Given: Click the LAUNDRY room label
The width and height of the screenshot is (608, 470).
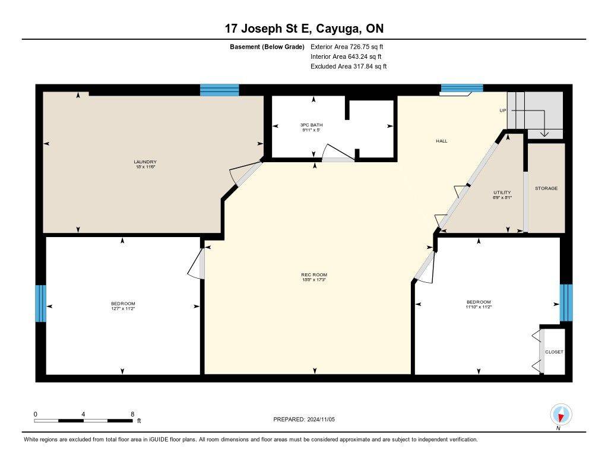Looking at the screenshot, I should pyautogui.click(x=145, y=162).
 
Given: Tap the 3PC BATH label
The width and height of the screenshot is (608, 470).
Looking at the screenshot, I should pyautogui.click(x=311, y=125).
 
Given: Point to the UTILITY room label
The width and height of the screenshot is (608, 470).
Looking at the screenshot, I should pyautogui.click(x=502, y=193).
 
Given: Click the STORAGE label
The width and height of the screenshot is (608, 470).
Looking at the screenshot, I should pyautogui.click(x=546, y=188).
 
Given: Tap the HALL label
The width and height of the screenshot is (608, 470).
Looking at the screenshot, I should pyautogui.click(x=441, y=141).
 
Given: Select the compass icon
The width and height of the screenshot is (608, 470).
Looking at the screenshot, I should pyautogui.click(x=560, y=414).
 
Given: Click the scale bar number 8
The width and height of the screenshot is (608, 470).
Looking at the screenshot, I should pyautogui.click(x=132, y=414).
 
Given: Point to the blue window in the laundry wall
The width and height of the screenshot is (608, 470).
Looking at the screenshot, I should pyautogui.click(x=219, y=90).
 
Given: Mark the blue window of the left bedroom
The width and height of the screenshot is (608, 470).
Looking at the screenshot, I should pyautogui.click(x=40, y=303).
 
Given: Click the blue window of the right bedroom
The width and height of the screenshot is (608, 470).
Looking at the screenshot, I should pyautogui.click(x=566, y=302).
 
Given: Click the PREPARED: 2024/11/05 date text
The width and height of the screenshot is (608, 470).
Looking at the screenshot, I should pyautogui.click(x=308, y=419).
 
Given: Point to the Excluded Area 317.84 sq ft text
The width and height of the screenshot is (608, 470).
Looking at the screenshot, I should pyautogui.click(x=349, y=67).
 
